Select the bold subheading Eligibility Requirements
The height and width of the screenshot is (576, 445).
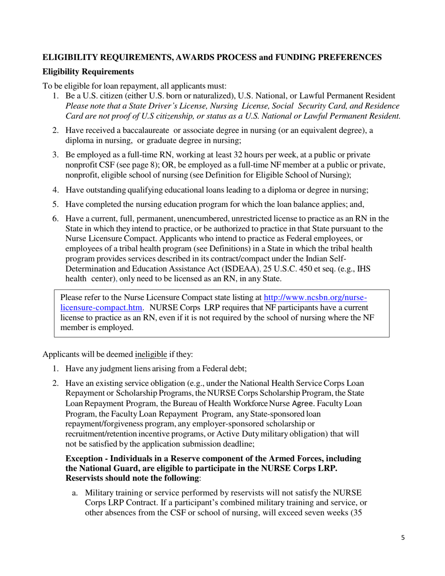[x=89, y=72]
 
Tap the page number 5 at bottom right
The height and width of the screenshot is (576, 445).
[x=403, y=538]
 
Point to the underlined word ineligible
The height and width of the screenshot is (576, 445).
[x=151, y=354]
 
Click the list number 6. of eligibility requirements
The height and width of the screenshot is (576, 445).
[x=55, y=219]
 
